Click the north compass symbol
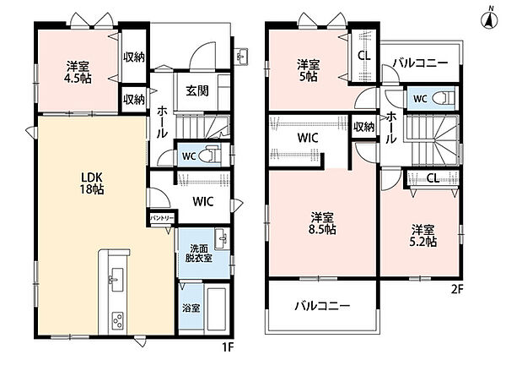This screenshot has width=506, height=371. coord(490,21)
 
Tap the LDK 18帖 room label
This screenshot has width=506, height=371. coord(92,183)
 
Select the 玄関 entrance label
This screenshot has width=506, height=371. coord(197,91)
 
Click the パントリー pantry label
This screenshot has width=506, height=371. coord(162,218)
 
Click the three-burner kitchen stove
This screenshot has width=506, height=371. coord(117,320)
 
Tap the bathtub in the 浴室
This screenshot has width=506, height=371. coord(217,308)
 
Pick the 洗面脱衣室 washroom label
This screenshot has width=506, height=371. coord(199,254)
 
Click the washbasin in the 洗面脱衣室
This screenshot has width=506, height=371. coord(222,239)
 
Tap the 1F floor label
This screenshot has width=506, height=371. coord(228,347)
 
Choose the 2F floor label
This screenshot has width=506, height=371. coord(457,290)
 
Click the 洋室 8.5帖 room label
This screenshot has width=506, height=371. coord(322,223)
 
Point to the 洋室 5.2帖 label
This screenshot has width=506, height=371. coord(423,236)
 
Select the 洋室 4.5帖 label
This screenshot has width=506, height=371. coord(78,73)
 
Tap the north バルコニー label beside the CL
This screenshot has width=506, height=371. coord(421,63)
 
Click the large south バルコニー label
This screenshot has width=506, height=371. coord(322,306)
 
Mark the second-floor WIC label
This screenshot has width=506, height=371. coord(308,138)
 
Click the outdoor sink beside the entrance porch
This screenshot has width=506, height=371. coord(241,57)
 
